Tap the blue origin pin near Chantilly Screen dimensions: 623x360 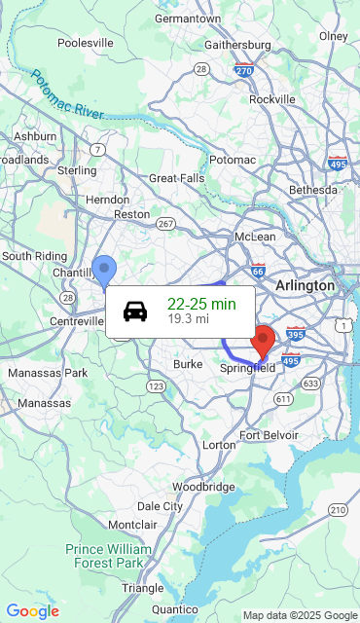[x=104, y=269]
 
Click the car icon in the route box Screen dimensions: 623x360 [x=135, y=311]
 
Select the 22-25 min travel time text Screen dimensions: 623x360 [x=201, y=305]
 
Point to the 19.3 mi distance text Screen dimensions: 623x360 [x=188, y=319]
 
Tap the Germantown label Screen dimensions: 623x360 [x=188, y=18]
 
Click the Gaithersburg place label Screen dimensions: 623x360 [x=238, y=45]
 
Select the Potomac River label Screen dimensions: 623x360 [x=66, y=94]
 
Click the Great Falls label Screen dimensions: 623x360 [x=177, y=178]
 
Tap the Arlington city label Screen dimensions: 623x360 [x=306, y=285]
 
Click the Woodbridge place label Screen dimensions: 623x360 [x=203, y=486]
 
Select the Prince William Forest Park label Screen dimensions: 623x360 [x=109, y=556]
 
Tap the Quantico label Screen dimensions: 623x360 [x=176, y=610]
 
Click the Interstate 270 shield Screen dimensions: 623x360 [x=245, y=70]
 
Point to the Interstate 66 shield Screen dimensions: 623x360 [x=257, y=273]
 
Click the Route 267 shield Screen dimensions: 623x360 [x=166, y=224]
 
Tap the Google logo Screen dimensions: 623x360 [x=32, y=611]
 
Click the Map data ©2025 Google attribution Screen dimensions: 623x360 [x=300, y=615]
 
